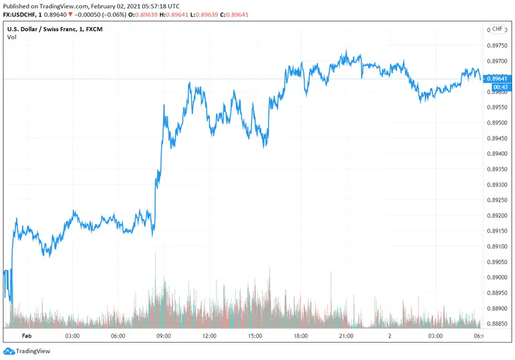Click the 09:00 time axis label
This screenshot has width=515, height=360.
163,336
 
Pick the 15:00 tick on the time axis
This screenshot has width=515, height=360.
254,336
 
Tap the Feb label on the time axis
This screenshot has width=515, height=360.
27,336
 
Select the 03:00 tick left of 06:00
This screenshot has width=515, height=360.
71,336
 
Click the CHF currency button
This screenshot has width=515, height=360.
497,29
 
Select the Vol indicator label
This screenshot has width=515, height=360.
12,37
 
